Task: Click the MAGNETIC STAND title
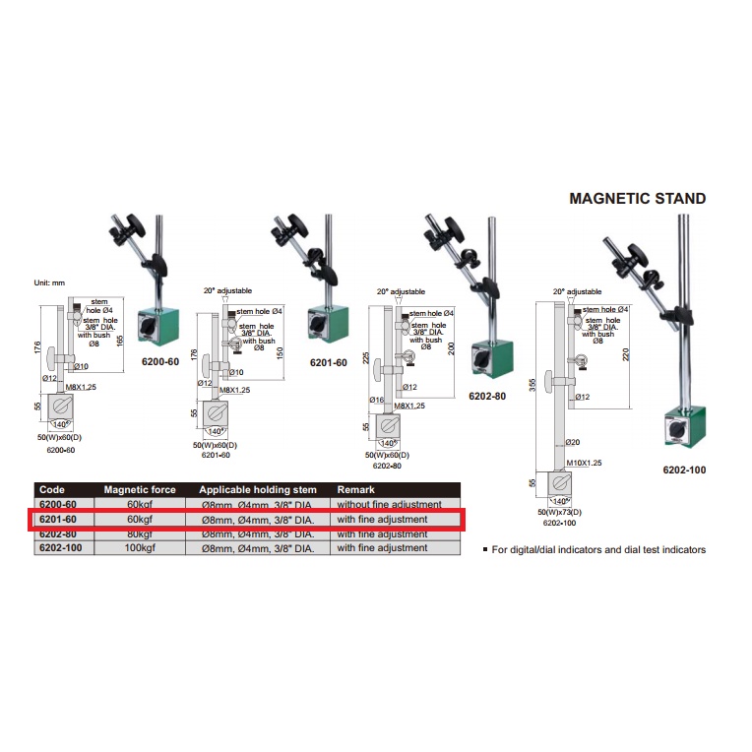point(638,199)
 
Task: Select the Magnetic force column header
point(139,489)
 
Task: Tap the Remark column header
point(355,489)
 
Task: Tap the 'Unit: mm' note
point(49,283)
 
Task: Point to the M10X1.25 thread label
point(583,462)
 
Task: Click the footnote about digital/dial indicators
point(595,550)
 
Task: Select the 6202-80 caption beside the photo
point(487,397)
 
